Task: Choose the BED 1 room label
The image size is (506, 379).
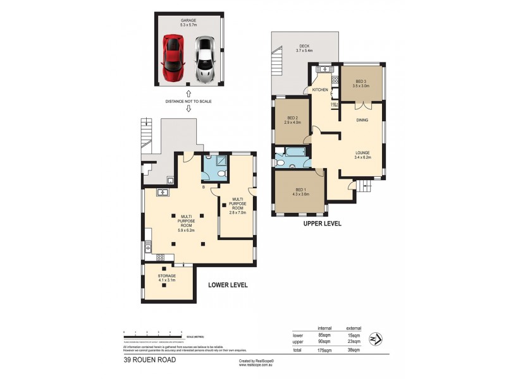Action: [x=300, y=191]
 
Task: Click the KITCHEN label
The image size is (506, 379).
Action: [x=319, y=91]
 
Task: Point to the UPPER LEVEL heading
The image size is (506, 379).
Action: [x=323, y=224]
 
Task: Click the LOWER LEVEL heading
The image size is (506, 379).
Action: [x=228, y=286]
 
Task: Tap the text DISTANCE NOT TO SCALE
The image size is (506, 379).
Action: [x=188, y=101]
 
